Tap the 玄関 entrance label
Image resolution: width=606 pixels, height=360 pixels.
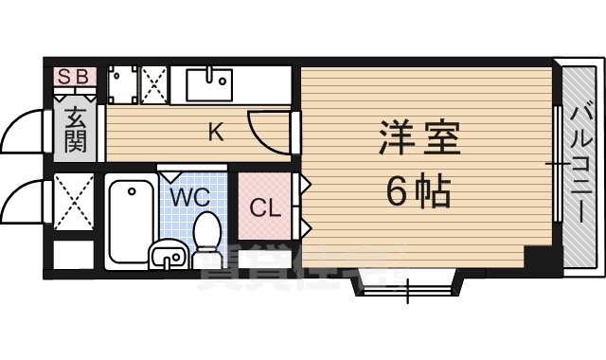pyautogui.click(x=76, y=131)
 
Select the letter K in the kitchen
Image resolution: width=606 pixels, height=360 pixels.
pyautogui.click(x=216, y=133)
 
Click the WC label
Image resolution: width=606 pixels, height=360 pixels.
pyautogui.click(x=190, y=197)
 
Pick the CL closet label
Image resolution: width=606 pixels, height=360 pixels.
pyautogui.click(x=264, y=207)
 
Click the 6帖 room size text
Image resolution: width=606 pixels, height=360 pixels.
pyautogui.click(x=418, y=193)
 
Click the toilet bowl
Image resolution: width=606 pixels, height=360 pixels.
pyautogui.click(x=205, y=232)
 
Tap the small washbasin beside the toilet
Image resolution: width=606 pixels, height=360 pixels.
pyautogui.click(x=169, y=255)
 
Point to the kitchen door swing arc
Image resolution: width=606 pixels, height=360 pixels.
pyautogui.click(x=268, y=133)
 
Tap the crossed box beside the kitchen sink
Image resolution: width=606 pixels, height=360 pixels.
pyautogui.click(x=155, y=84)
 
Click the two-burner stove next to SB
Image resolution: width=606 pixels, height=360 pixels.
pyautogui.click(x=122, y=84)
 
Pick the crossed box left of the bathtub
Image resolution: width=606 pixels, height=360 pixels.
pyautogui.click(x=73, y=203)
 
